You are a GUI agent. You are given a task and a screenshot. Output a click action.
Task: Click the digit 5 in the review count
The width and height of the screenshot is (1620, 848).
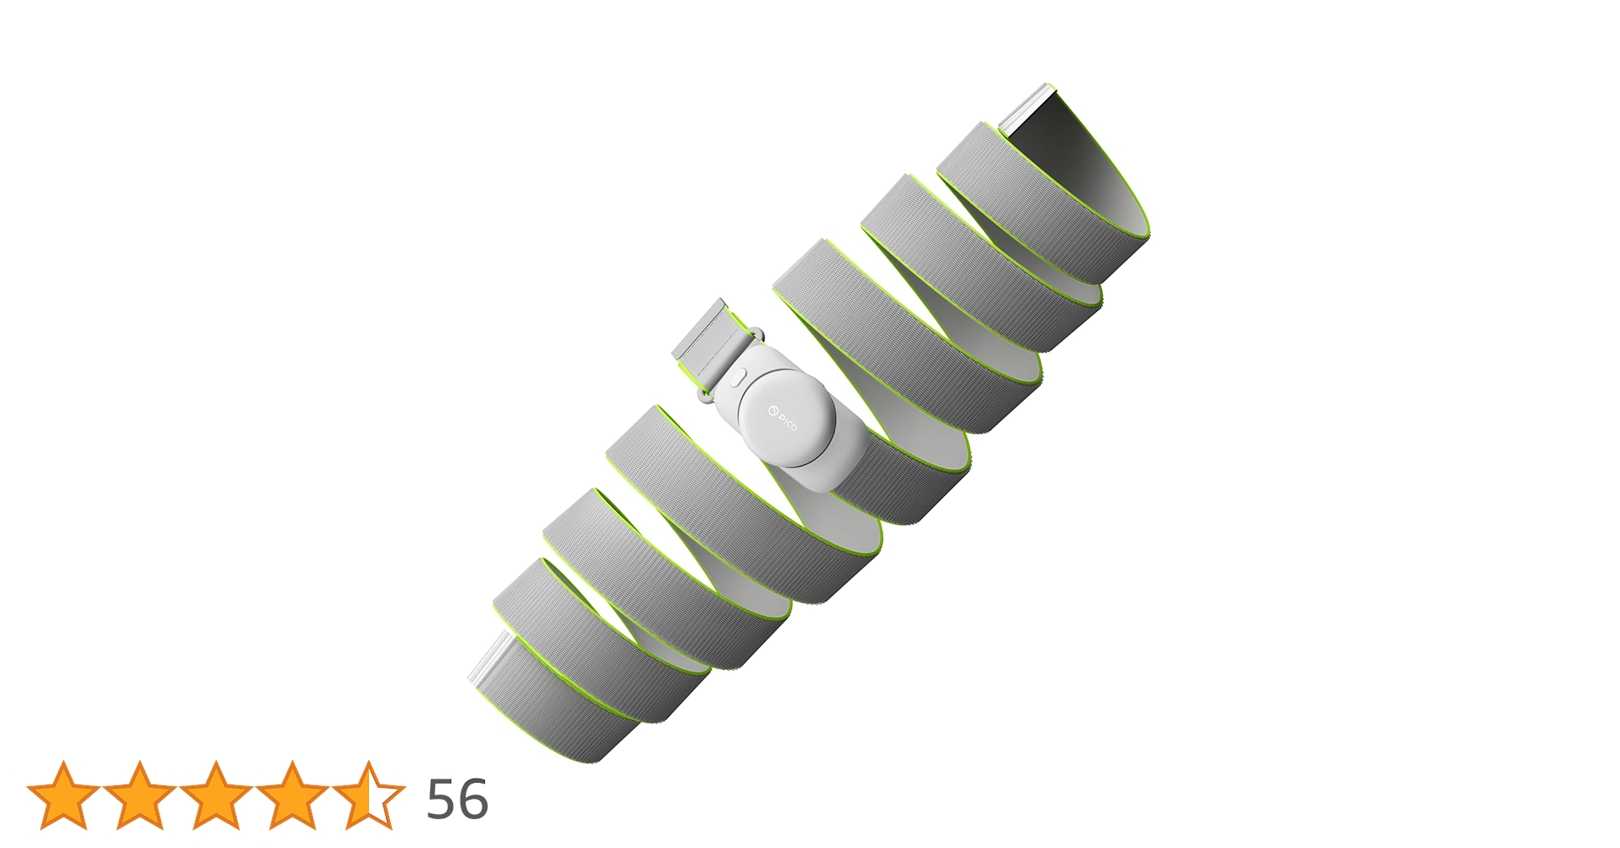(x=442, y=799)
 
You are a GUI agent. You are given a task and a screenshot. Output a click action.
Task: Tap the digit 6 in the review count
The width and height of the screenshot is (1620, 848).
(x=473, y=799)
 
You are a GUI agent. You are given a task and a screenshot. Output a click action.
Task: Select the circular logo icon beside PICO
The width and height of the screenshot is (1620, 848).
(x=773, y=412)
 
